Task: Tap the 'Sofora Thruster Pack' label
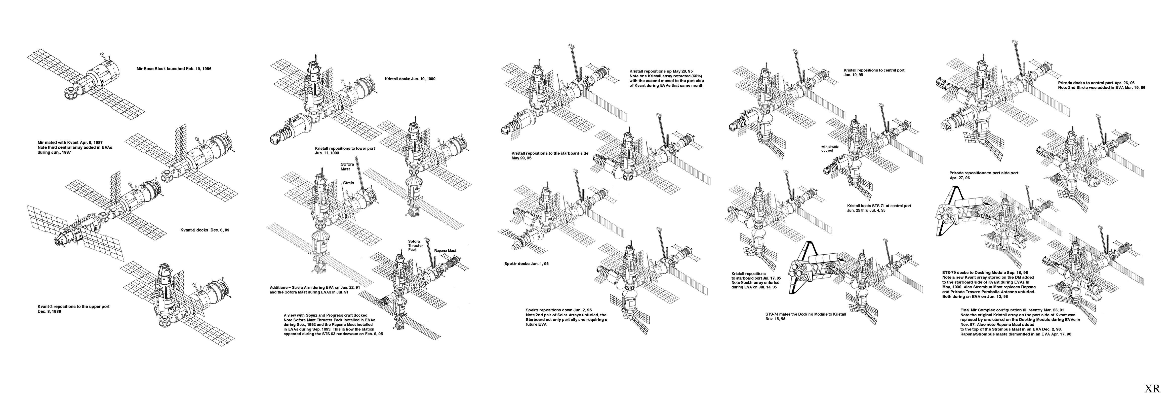point(415,246)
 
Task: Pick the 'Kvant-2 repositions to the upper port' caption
point(73,309)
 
